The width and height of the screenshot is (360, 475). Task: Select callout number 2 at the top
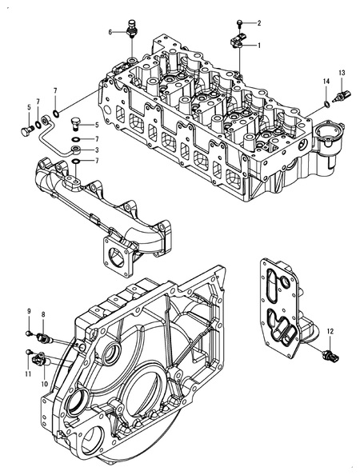tap(258, 23)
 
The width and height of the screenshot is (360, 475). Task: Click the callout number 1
tap(258, 46)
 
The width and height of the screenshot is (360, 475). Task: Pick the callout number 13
tap(341, 74)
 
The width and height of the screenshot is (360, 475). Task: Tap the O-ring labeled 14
tap(327, 103)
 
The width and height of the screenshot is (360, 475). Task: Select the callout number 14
tap(326, 82)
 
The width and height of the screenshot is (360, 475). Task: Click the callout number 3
tap(98, 150)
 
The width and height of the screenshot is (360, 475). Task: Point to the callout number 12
tap(331, 330)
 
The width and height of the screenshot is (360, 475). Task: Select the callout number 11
tap(27, 373)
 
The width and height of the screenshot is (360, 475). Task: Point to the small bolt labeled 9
tap(30, 331)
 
